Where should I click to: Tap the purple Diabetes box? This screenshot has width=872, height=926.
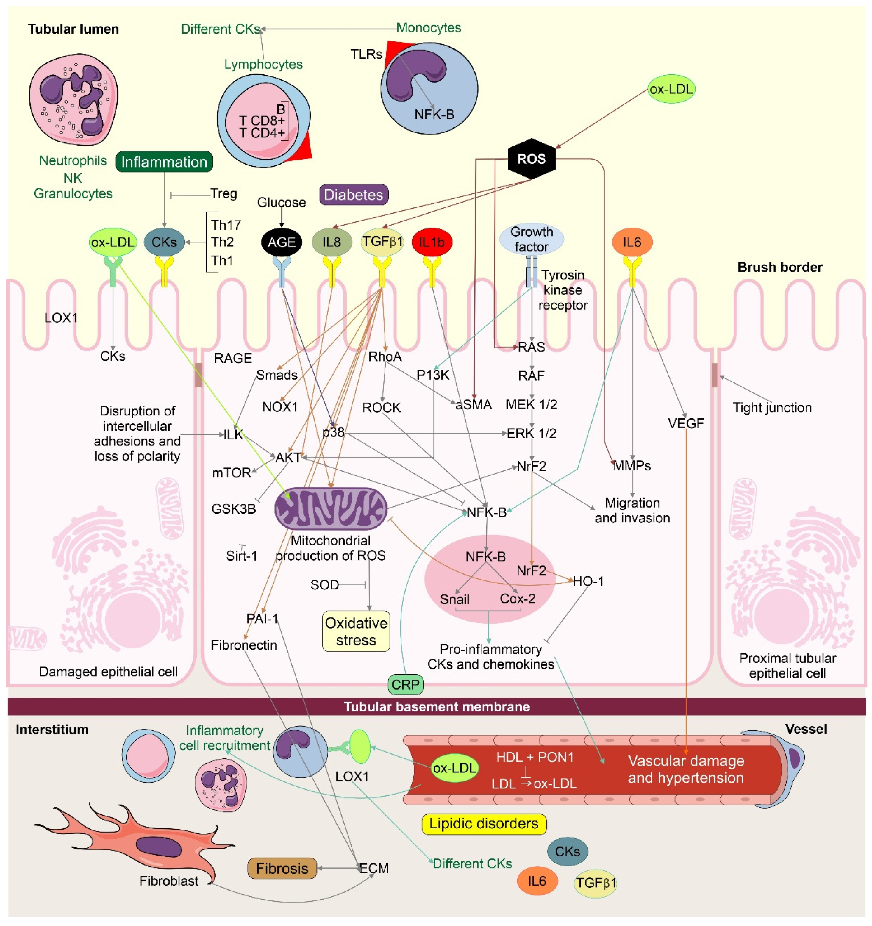point(354,195)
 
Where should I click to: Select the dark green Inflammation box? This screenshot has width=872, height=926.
point(164,162)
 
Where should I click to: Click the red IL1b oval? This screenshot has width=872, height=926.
point(432,242)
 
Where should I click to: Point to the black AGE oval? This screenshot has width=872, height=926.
point(281,242)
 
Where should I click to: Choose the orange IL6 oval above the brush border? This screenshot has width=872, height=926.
point(632,242)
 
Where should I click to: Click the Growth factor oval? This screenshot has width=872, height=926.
point(532,239)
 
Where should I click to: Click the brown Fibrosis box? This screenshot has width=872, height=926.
point(282,868)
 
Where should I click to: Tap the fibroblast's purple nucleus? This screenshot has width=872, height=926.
point(158,847)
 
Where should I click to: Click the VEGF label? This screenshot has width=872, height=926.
point(686,423)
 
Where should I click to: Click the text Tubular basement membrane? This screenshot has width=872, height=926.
point(437,707)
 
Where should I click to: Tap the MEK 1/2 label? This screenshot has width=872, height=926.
point(532,404)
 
